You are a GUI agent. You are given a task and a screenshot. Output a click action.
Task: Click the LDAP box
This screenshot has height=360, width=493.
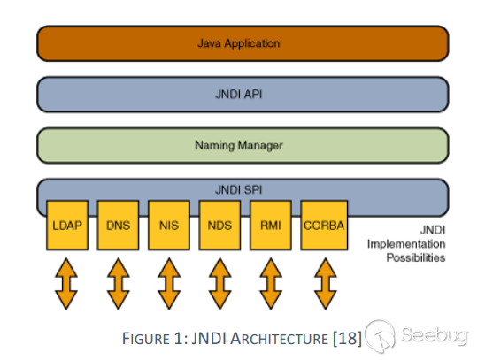68,225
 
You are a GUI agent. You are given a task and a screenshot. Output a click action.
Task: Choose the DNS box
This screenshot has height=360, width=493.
119,225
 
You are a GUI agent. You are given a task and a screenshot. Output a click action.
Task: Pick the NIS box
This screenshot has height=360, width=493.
170,225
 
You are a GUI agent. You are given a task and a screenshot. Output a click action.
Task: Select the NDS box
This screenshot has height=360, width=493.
221,225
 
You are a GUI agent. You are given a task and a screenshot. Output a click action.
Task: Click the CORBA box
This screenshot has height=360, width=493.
324,225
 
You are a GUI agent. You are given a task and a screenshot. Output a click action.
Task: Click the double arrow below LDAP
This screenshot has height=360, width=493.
68,283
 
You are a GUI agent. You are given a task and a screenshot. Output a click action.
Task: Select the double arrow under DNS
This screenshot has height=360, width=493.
119,283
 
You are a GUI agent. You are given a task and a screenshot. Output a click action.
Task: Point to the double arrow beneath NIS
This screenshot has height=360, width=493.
170,283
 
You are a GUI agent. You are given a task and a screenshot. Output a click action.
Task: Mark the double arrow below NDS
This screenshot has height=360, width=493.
221,283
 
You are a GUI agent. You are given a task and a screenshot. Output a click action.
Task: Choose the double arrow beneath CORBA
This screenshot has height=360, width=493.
324,283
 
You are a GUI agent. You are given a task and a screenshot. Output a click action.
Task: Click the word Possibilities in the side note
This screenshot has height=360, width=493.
414,258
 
